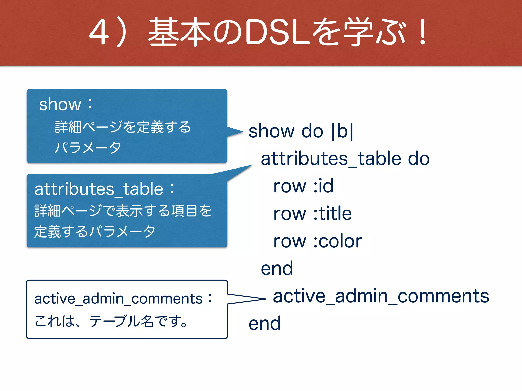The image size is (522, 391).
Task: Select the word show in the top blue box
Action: [60, 104]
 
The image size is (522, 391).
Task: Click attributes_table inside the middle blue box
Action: [99, 189]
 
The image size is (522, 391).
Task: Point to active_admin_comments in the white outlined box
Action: [118, 299]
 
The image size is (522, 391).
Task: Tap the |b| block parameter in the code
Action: [342, 131]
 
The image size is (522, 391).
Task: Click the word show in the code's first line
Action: [271, 131]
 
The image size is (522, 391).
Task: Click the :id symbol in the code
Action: [323, 186]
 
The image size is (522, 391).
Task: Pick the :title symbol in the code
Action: [332, 213]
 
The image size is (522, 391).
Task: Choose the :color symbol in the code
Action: [338, 241]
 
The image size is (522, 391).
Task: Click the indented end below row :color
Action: [277, 268]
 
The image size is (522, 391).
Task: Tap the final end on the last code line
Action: [265, 324]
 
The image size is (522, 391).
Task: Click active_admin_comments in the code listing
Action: [381, 296]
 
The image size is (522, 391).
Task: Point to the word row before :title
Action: [289, 213]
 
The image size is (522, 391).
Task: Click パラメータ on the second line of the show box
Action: [88, 148]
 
